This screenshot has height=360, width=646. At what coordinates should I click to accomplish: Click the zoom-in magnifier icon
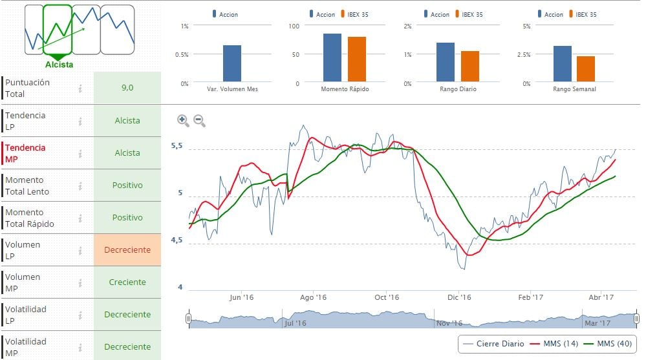(182, 120)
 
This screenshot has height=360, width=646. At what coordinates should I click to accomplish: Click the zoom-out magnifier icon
(199, 120)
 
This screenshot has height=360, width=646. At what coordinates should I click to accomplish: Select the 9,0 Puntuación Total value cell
(127, 88)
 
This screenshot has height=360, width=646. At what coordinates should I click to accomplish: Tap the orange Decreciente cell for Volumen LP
(127, 249)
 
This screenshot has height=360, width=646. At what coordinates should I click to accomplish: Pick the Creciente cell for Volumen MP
(127, 282)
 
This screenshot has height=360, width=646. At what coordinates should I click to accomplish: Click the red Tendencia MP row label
(26, 153)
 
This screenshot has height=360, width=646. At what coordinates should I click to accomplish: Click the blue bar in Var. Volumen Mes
(232, 63)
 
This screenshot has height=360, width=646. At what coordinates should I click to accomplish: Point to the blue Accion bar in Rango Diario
(446, 62)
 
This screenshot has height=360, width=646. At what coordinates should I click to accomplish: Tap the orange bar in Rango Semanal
(586, 69)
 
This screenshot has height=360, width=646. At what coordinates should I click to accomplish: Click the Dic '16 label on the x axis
(459, 297)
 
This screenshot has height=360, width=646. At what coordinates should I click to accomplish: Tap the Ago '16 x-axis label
(314, 297)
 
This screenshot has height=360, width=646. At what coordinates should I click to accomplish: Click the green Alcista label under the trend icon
(59, 64)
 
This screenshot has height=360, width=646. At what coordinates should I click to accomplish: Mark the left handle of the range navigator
(188, 319)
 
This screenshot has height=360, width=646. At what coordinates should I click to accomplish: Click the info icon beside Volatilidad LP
(80, 315)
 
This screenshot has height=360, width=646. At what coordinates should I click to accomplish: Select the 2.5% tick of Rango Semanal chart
(524, 54)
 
